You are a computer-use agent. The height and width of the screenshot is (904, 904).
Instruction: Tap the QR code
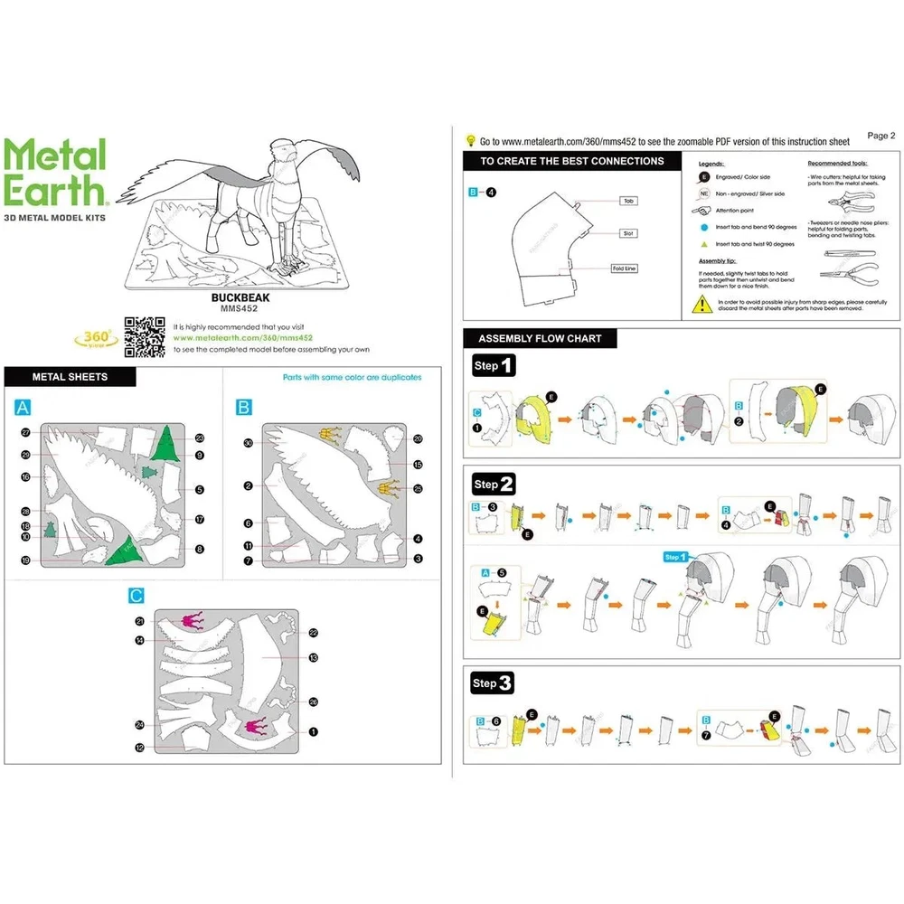tap(145, 337)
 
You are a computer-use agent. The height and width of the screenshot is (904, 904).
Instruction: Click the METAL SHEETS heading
tap(70, 377)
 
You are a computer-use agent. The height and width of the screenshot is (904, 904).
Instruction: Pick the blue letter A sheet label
tap(23, 408)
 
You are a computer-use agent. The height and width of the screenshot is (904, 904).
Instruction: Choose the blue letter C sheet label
tap(136, 596)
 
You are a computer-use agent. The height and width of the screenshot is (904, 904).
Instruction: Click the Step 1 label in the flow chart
tap(494, 365)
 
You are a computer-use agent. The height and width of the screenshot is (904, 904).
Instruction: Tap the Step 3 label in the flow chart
tap(493, 683)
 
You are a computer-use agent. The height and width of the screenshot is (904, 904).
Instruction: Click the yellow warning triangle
tap(701, 305)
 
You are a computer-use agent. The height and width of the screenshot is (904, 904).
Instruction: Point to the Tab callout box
tap(628, 201)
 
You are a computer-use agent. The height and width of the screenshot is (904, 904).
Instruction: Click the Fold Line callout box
tap(624, 268)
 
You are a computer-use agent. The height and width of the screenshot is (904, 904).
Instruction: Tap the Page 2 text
tap(880, 136)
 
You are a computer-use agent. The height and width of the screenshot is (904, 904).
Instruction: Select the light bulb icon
tap(470, 140)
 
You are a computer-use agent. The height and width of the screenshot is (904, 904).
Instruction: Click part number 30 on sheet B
tap(247, 442)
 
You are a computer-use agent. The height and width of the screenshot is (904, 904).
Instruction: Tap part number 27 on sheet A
tap(26, 433)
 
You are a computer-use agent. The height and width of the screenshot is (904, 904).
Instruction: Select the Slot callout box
tap(628, 233)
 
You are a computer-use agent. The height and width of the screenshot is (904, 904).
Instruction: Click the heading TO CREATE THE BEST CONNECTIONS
tap(571, 161)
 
